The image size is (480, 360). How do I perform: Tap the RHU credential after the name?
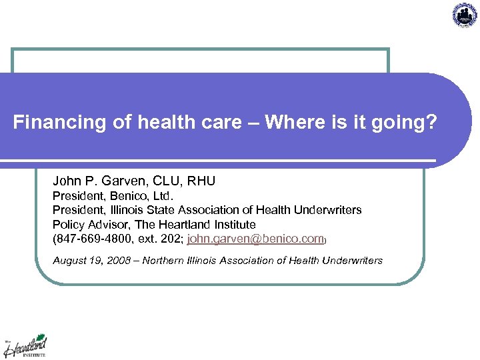201,181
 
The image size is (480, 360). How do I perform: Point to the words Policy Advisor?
89,224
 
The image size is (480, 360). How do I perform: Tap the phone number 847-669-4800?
88,238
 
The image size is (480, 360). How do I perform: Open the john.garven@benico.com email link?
255,238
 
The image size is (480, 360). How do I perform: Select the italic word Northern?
165,260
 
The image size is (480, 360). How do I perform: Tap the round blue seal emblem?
464,15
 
